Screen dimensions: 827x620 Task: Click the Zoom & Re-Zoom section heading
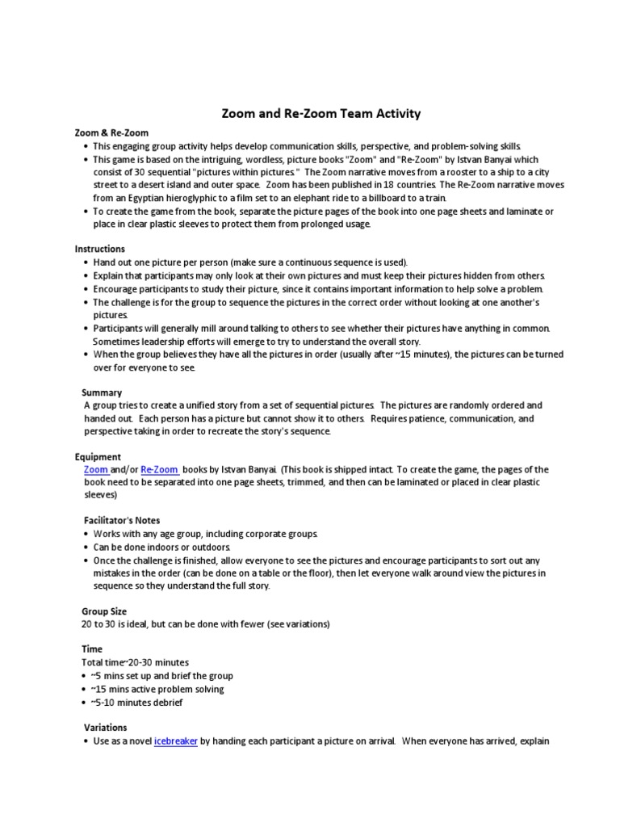click(x=111, y=132)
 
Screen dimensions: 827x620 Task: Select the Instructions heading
click(x=100, y=249)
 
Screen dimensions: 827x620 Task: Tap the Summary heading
click(x=102, y=393)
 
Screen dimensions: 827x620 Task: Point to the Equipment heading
click(x=98, y=456)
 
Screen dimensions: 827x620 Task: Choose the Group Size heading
click(x=104, y=611)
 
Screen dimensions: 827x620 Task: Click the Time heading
click(x=92, y=649)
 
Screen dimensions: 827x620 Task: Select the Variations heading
click(x=106, y=727)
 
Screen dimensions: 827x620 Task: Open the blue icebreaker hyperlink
click(x=175, y=741)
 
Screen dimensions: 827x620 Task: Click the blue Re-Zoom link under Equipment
click(x=160, y=469)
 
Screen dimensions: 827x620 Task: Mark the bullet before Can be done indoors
click(x=86, y=548)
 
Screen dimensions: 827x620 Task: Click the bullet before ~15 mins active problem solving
click(x=86, y=689)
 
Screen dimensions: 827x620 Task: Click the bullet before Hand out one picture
click(x=86, y=262)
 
